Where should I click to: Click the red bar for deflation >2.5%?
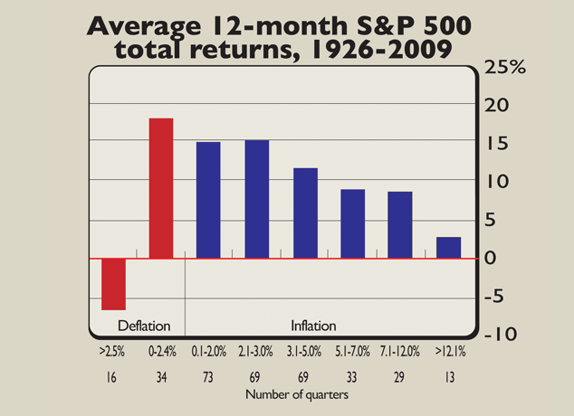113,284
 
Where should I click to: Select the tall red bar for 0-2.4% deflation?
160,188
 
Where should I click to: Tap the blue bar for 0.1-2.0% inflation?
208,200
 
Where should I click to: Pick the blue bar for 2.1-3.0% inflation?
256,199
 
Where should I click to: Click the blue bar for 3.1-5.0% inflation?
305,213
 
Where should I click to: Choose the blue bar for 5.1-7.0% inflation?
352,223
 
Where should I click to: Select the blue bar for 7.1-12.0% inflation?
400,224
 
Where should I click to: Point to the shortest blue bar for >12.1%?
448,247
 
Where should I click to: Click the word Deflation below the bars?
145,326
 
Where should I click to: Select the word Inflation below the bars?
313,326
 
